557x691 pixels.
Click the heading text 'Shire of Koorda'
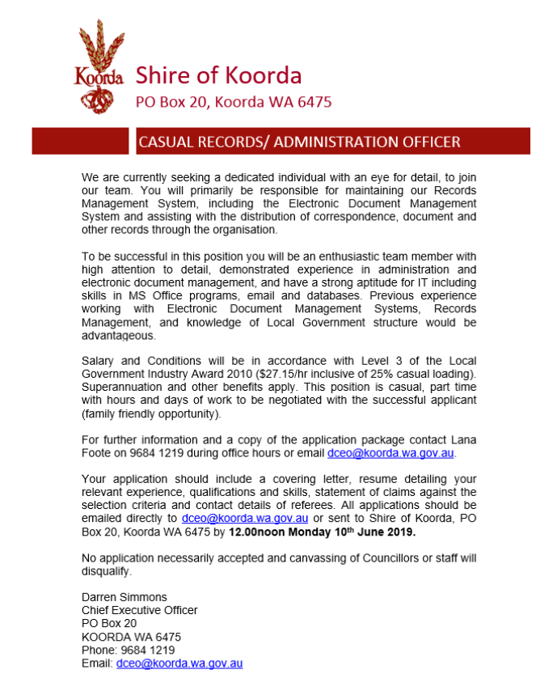218,75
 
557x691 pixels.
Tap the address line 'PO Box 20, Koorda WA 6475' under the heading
233,102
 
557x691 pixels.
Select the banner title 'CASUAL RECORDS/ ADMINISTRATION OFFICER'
300,142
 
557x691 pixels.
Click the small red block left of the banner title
80,142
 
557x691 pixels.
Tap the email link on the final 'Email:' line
179,663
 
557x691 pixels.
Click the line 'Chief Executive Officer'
139,610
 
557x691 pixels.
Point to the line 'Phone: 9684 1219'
128,650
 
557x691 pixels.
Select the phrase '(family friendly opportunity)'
150,413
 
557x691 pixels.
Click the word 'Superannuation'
120,387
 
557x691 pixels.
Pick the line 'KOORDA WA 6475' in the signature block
131,637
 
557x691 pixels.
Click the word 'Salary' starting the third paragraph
99,360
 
